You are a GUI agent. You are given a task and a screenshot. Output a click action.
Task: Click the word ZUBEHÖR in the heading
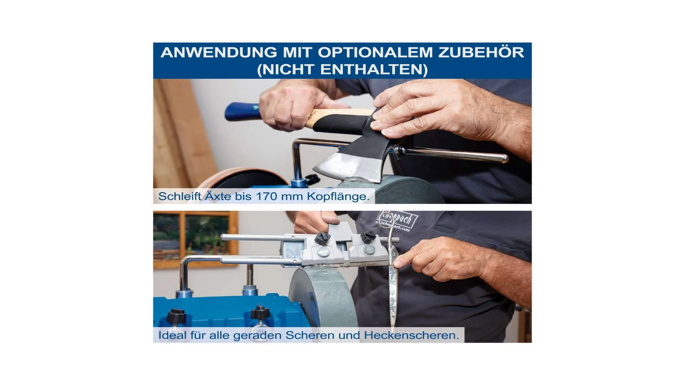click(x=481, y=52)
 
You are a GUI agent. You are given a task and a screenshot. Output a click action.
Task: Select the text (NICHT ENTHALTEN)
click(x=342, y=69)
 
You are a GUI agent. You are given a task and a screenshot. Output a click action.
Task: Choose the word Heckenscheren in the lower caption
click(x=411, y=335)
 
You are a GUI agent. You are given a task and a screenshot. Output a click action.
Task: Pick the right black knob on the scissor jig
click(x=367, y=237)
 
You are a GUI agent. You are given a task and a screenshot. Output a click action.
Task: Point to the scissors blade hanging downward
click(x=392, y=296)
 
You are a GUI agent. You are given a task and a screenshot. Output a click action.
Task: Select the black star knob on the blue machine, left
click(x=176, y=315)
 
